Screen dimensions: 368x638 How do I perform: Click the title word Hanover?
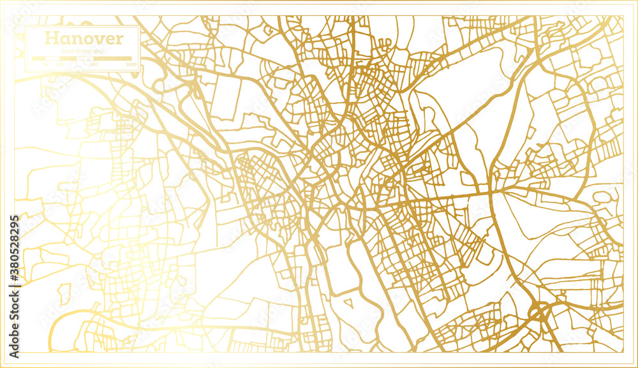pos(84,38)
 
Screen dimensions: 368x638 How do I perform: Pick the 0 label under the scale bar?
pos(33,64)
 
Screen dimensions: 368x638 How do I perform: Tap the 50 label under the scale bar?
pos(45,64)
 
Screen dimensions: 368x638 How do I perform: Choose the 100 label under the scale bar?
pos(60,64)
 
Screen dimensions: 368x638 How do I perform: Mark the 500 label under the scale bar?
pos(93,64)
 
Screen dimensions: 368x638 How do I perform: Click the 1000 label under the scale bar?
pos(131,64)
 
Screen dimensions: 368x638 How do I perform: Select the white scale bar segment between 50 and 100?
pos(52,59)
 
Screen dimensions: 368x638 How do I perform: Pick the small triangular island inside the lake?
pos(348,300)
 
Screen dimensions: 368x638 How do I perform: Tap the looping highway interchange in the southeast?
pos(540,311)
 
